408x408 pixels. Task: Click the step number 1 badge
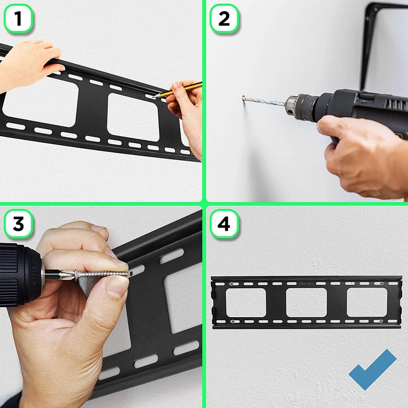[x=18, y=18]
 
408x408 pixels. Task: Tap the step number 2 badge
[x=224, y=18]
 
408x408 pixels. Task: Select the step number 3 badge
[x=18, y=224]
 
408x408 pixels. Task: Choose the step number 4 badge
[x=224, y=224]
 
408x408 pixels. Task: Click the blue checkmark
[x=372, y=369]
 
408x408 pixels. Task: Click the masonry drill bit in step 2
[x=263, y=101]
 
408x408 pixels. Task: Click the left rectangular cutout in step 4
[x=246, y=302]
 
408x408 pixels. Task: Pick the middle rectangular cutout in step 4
[x=307, y=302]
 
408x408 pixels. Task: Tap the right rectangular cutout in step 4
[x=367, y=302]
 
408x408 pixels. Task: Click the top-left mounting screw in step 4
[x=232, y=284]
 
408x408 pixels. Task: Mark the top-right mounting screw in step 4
[x=381, y=284]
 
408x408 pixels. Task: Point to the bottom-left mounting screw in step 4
[x=233, y=322]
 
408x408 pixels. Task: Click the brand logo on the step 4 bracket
[x=307, y=284]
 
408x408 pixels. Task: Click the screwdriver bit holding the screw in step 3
[x=60, y=275]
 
